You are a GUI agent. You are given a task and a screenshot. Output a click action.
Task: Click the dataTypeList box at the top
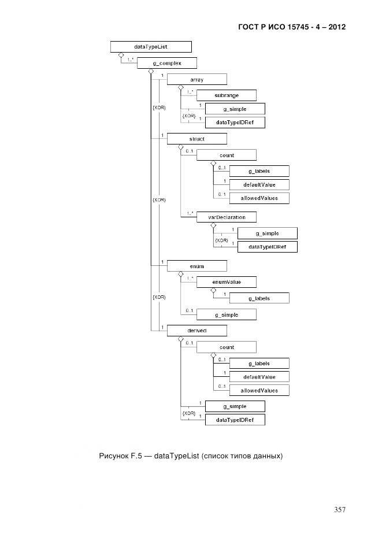point(151,47)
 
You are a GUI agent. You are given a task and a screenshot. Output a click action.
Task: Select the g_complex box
point(167,63)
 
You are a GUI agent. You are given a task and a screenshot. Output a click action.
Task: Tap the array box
point(196,79)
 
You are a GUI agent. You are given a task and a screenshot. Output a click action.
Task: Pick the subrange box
point(226,94)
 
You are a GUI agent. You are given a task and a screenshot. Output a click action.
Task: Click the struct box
point(196,139)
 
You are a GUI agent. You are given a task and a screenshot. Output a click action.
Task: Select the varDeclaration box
point(226,217)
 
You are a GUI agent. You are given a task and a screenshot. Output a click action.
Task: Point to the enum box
point(196,266)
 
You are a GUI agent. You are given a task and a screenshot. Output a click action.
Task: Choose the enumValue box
point(226,281)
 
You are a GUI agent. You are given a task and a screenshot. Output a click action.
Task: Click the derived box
point(196,331)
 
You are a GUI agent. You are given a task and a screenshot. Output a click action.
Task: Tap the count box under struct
point(226,155)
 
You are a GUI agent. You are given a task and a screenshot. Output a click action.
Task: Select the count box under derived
point(226,347)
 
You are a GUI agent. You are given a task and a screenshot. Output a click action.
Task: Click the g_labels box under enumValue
point(259,298)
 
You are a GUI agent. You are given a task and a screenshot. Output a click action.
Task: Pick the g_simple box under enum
point(226,314)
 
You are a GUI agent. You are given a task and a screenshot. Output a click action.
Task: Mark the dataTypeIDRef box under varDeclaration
point(267,247)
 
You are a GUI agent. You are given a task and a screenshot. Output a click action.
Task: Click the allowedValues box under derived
point(259,391)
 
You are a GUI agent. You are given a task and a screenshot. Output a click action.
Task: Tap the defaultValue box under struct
point(259,185)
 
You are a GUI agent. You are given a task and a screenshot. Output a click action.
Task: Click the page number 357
point(339,509)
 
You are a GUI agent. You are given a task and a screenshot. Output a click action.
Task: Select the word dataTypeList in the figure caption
point(177,457)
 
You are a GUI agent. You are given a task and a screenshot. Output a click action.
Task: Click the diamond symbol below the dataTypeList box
point(121,56)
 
